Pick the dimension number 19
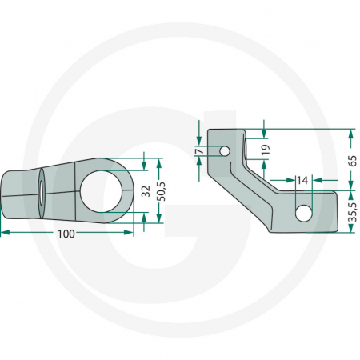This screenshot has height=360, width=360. click(x=264, y=148)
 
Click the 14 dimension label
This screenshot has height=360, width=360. click(x=302, y=181)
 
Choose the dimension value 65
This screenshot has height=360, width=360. click(x=353, y=159)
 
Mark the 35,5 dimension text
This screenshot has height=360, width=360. click(x=353, y=212)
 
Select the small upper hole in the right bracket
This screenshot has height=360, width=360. click(x=227, y=150)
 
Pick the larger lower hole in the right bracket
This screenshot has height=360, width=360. click(x=303, y=213)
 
